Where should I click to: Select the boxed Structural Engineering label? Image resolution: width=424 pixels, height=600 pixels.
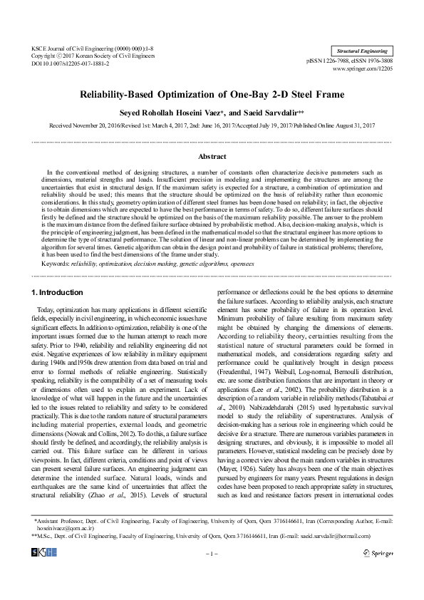click(x=361, y=51)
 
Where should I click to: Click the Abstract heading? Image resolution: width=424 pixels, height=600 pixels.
click(x=212, y=155)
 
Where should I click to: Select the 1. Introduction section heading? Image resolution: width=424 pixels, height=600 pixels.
click(x=58, y=293)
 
